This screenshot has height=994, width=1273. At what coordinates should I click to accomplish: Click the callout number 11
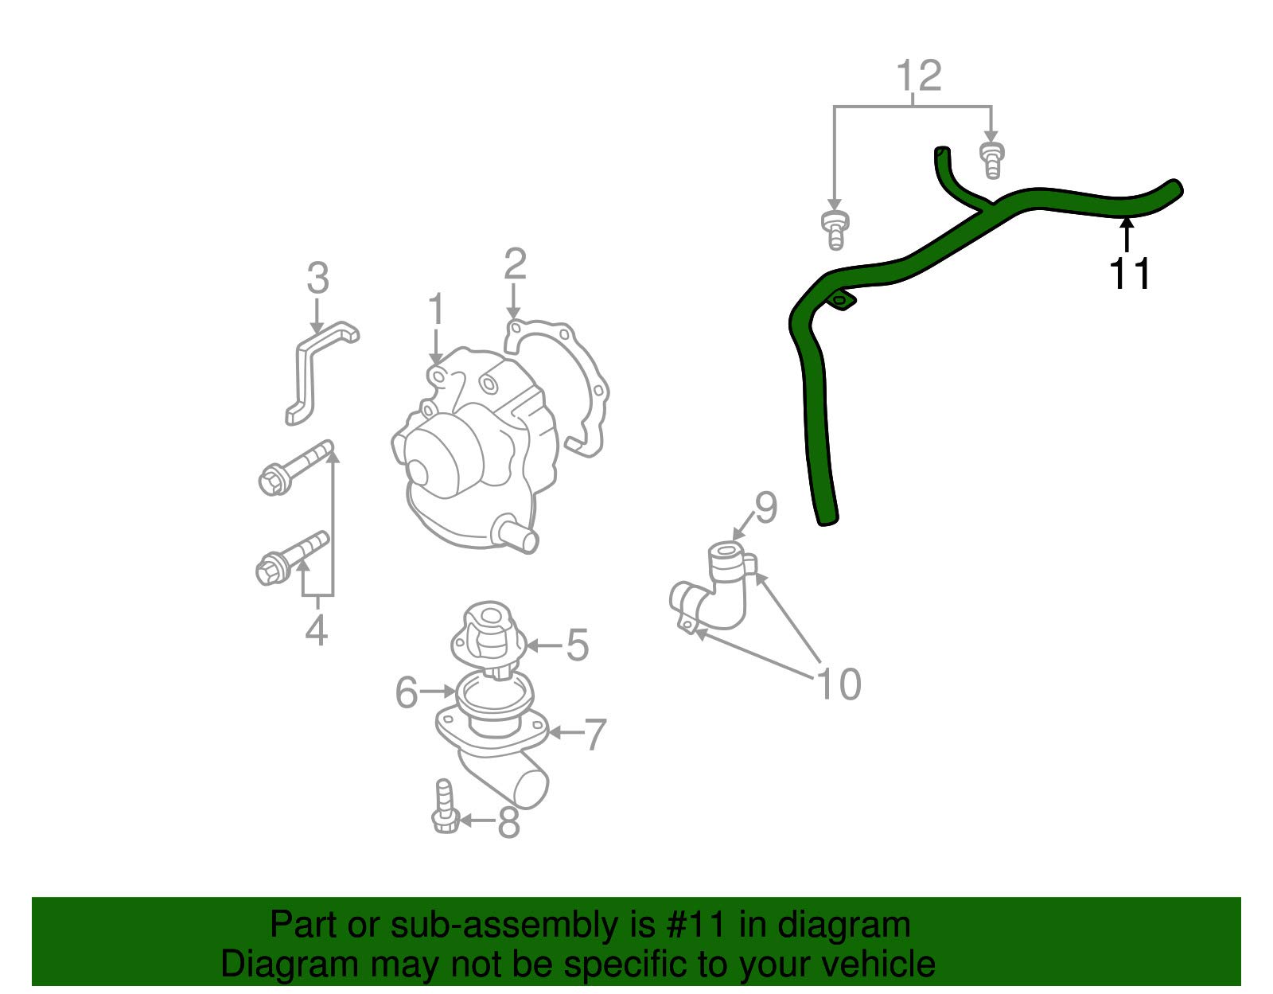coord(1130,274)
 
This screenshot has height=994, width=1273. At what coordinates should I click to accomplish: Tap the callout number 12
coord(919,76)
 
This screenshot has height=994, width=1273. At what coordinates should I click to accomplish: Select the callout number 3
coord(318,278)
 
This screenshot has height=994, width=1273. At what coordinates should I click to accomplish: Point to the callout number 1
coord(436,309)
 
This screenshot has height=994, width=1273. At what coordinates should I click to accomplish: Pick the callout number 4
coord(317,630)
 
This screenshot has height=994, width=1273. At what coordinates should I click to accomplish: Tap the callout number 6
coord(407,692)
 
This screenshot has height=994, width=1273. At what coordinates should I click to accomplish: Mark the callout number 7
coord(594,735)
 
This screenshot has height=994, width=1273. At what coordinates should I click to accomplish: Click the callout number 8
coord(508,821)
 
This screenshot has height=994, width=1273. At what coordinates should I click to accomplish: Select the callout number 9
coord(765,507)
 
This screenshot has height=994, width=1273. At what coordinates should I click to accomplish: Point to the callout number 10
coord(839,684)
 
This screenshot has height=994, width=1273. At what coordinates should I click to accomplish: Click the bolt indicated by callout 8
coord(445,806)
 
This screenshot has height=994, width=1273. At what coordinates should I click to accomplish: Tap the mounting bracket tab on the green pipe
coord(842,300)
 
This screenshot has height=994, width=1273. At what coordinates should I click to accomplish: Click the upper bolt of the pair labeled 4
coord(295,468)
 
